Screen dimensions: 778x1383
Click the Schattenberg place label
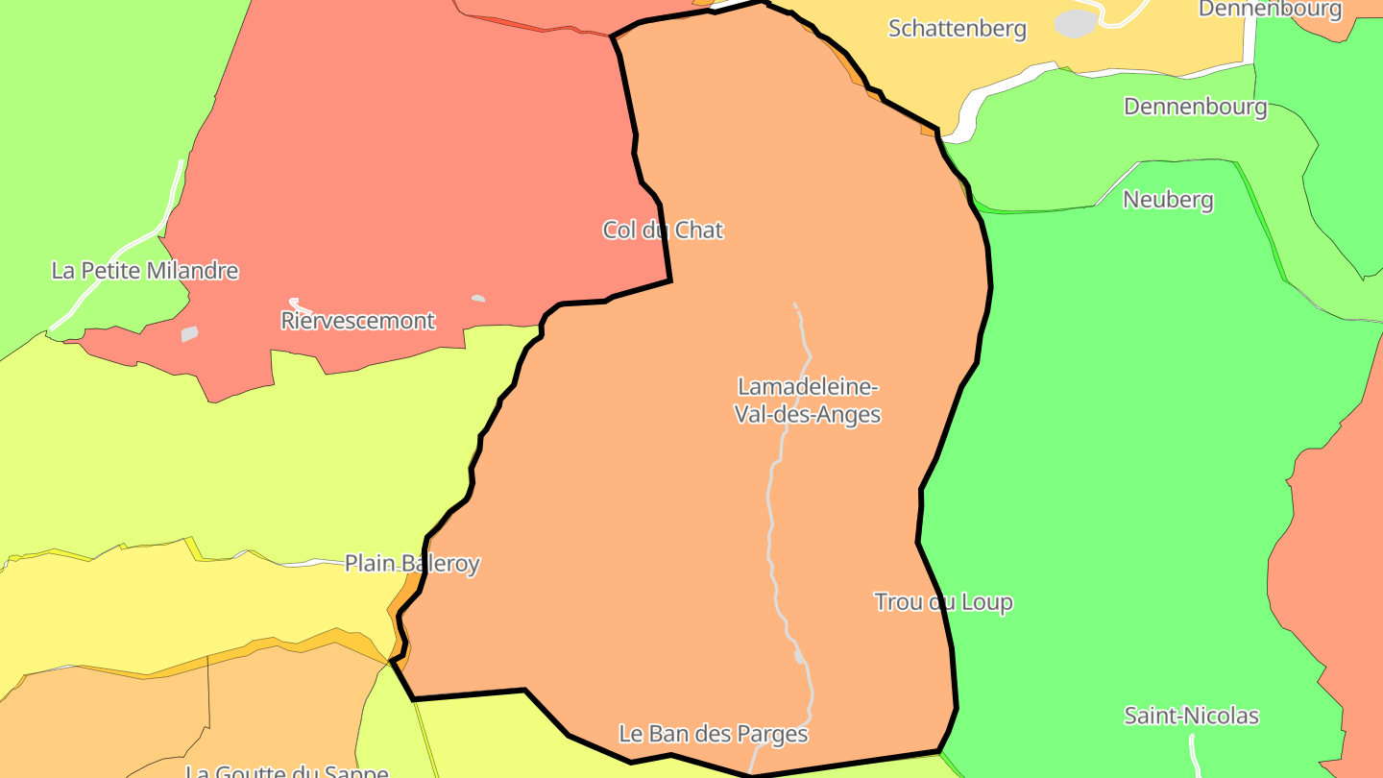point(957,29)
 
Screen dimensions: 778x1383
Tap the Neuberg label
point(1168,200)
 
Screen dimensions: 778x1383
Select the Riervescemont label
point(357,321)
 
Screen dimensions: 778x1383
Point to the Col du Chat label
point(663,230)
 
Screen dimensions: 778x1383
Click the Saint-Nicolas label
point(1191,716)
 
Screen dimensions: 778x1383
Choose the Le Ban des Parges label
point(713,735)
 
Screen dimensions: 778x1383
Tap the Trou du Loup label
point(943,602)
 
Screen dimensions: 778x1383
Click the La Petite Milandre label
point(144,271)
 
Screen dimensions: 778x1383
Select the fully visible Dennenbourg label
point(1195,107)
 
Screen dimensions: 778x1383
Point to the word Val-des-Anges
point(807,415)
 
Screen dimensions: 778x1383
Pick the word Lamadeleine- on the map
point(807,387)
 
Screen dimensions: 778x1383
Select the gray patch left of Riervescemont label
point(189,334)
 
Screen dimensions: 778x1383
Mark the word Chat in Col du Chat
point(699,230)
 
